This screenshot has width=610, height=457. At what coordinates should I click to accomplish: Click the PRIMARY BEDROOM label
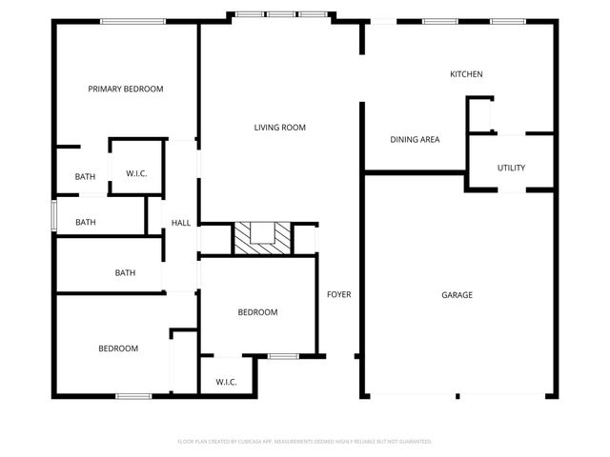pyautogui.click(x=125, y=89)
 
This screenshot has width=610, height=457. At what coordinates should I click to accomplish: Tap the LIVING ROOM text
pyautogui.click(x=279, y=127)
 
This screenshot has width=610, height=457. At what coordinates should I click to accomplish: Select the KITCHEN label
pyautogui.click(x=467, y=74)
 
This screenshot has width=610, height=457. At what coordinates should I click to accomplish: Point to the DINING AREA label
pyautogui.click(x=415, y=140)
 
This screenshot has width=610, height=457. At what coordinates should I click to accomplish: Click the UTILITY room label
pyautogui.click(x=511, y=168)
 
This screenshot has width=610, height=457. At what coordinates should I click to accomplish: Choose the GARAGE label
pyautogui.click(x=457, y=295)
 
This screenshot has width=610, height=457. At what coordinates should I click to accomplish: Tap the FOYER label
pyautogui.click(x=338, y=294)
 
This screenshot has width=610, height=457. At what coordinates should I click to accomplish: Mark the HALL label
pyautogui.click(x=181, y=223)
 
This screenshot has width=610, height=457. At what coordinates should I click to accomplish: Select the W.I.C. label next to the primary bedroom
pyautogui.click(x=135, y=172)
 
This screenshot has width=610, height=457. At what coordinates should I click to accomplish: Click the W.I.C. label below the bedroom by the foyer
pyautogui.click(x=226, y=382)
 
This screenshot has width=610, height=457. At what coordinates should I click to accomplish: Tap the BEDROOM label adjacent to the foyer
pyautogui.click(x=257, y=312)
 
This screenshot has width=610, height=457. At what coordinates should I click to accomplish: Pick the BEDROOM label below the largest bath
pyautogui.click(x=118, y=348)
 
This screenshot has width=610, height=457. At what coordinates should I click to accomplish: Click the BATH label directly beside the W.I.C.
pyautogui.click(x=86, y=176)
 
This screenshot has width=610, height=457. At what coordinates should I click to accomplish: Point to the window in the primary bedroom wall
pyautogui.click(x=127, y=21)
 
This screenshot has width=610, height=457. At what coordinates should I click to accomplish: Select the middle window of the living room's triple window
pyautogui.click(x=280, y=14)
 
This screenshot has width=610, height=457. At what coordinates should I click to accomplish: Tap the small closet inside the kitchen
pyautogui.click(x=480, y=115)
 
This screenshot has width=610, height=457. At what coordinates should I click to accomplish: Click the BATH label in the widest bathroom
pyautogui.click(x=125, y=272)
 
